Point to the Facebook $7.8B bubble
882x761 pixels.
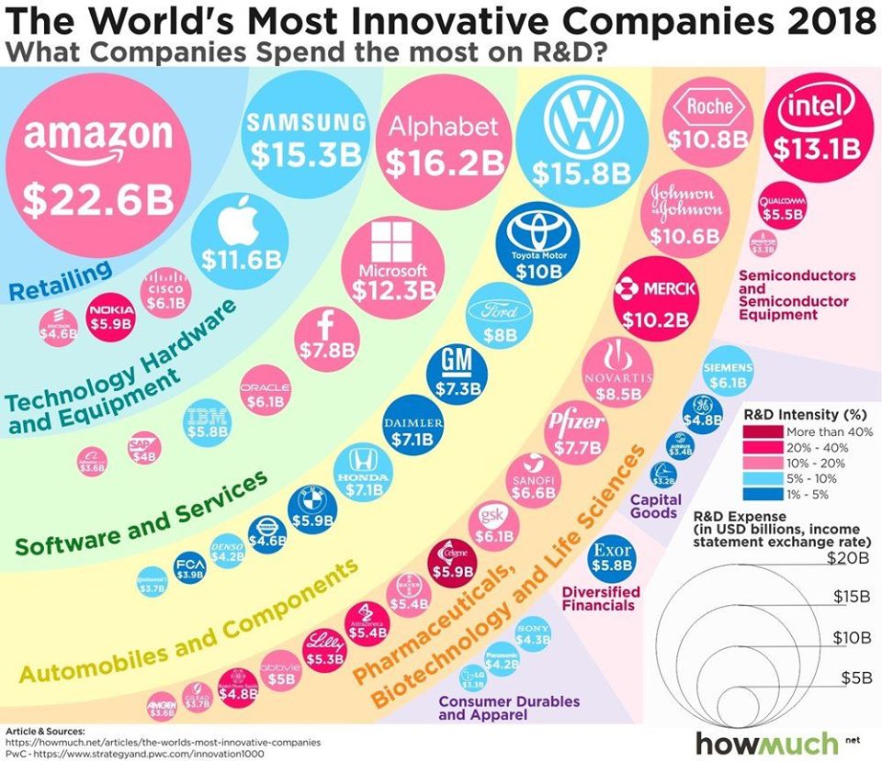click(323, 335)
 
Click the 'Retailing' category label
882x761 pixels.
click(61, 279)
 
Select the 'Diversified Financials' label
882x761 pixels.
click(598, 599)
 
